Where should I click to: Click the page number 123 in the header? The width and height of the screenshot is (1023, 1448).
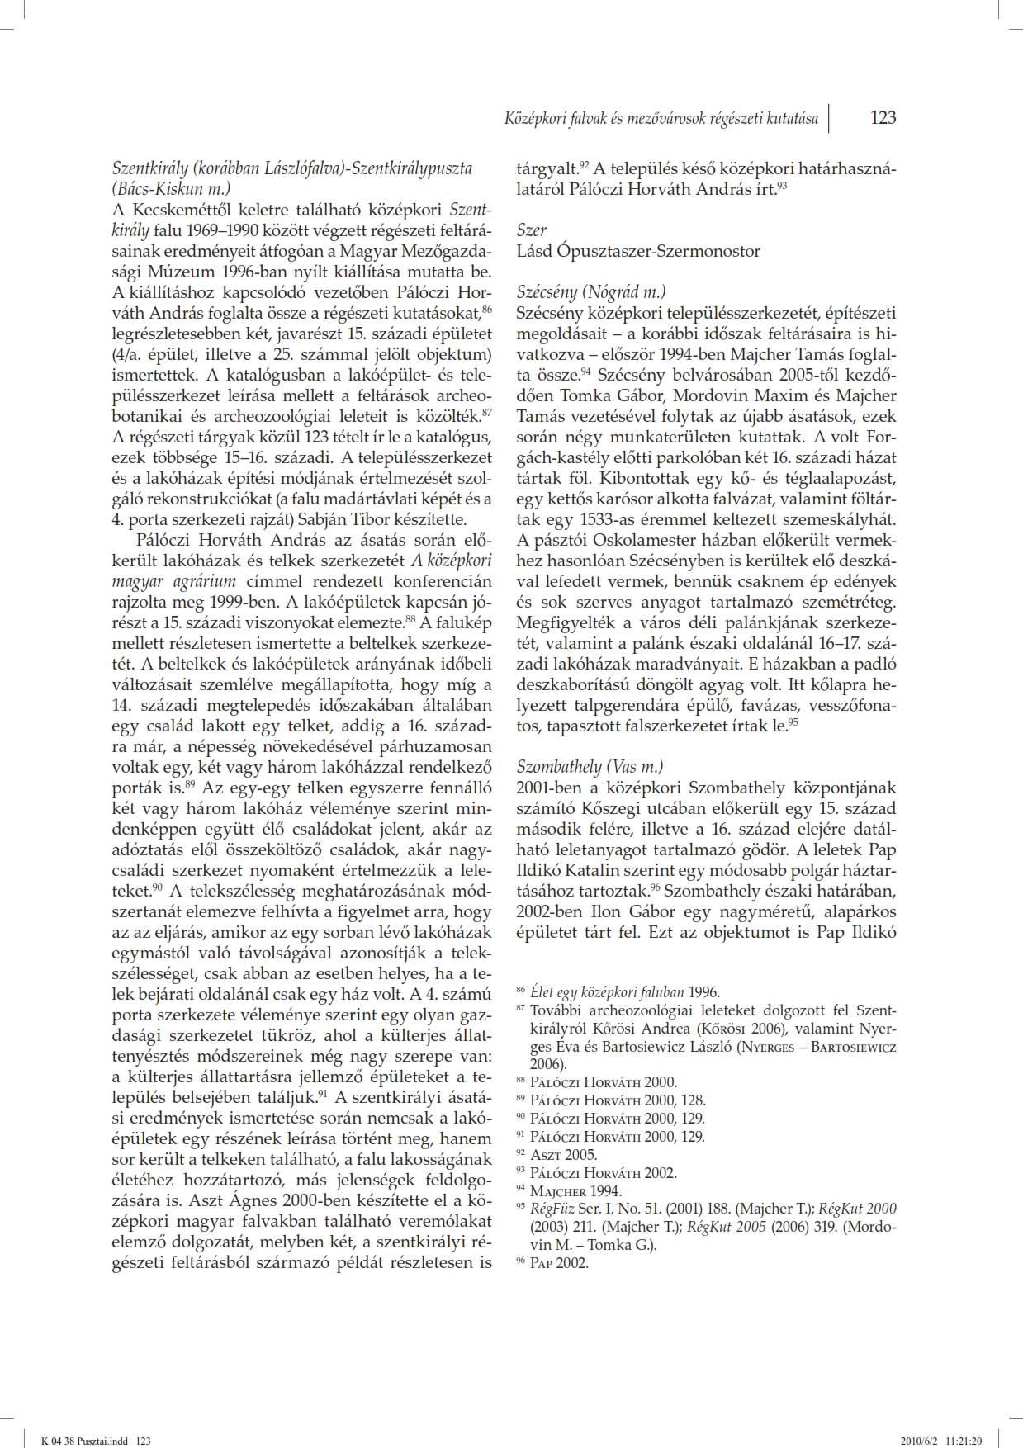pos(883,118)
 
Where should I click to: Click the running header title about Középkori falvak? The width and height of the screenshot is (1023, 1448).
pos(661,119)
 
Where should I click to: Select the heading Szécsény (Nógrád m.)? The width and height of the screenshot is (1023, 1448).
pos(591,291)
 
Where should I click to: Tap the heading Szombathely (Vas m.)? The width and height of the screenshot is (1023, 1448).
pos(590,765)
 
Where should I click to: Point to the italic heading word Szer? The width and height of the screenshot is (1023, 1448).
pos(531,230)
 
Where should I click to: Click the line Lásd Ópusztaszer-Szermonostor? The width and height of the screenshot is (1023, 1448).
pos(638,250)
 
